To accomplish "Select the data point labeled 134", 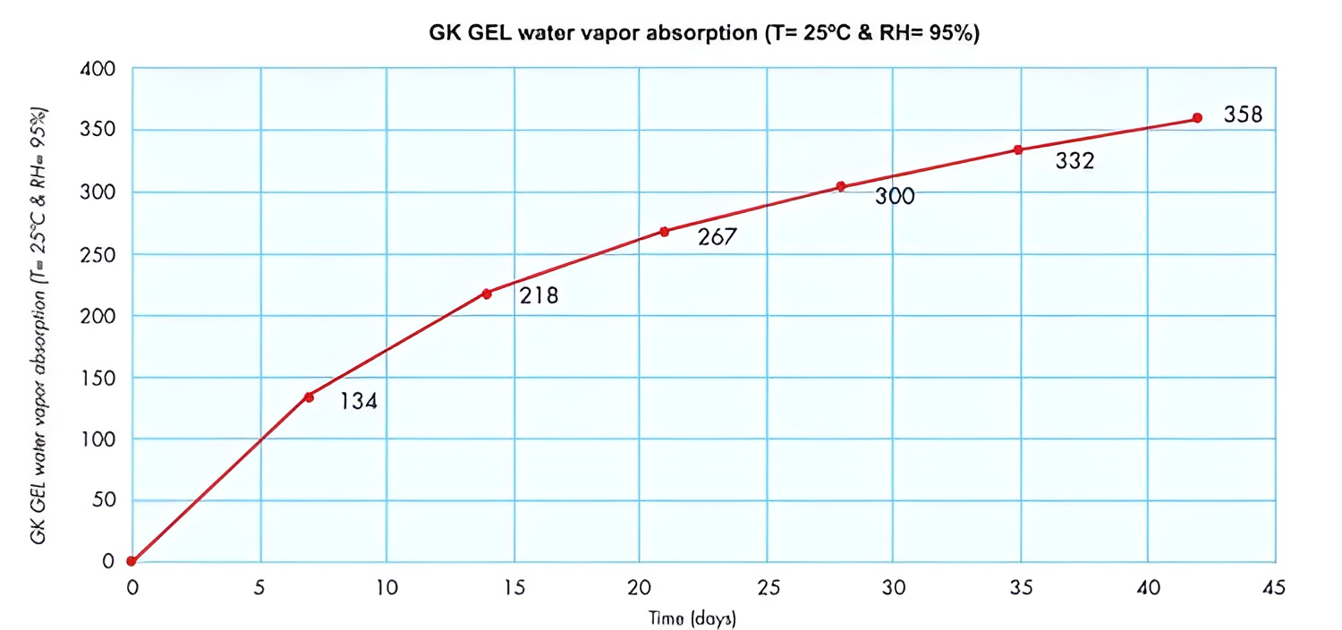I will click(x=309, y=396).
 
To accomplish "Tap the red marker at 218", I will click(x=487, y=294).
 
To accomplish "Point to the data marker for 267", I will click(x=664, y=231).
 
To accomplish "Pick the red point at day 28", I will click(x=841, y=186).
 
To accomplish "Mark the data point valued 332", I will click(x=1018, y=149).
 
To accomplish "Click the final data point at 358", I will click(x=1197, y=118).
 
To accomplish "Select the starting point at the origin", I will click(x=132, y=561).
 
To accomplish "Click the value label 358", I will click(x=1243, y=115).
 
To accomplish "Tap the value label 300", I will click(x=895, y=197).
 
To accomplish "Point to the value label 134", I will click(x=359, y=402).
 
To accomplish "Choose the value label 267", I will click(x=717, y=239).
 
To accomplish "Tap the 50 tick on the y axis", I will click(x=104, y=500).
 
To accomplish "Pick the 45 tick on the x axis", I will click(x=1274, y=587).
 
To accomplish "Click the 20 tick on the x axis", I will click(x=639, y=587).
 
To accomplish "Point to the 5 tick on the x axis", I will click(x=260, y=587).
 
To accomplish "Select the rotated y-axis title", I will click(x=38, y=324).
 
